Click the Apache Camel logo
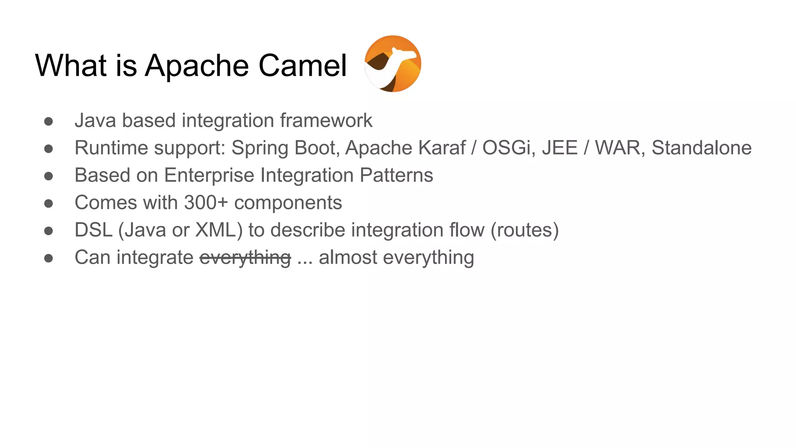tap(393, 64)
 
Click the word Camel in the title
tap(302, 65)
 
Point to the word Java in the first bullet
tap(95, 121)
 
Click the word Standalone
tap(702, 148)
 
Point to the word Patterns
tap(396, 175)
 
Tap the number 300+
tap(206, 203)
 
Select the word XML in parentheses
tap(216, 230)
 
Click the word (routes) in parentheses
tap(525, 230)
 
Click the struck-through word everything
tap(245, 258)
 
